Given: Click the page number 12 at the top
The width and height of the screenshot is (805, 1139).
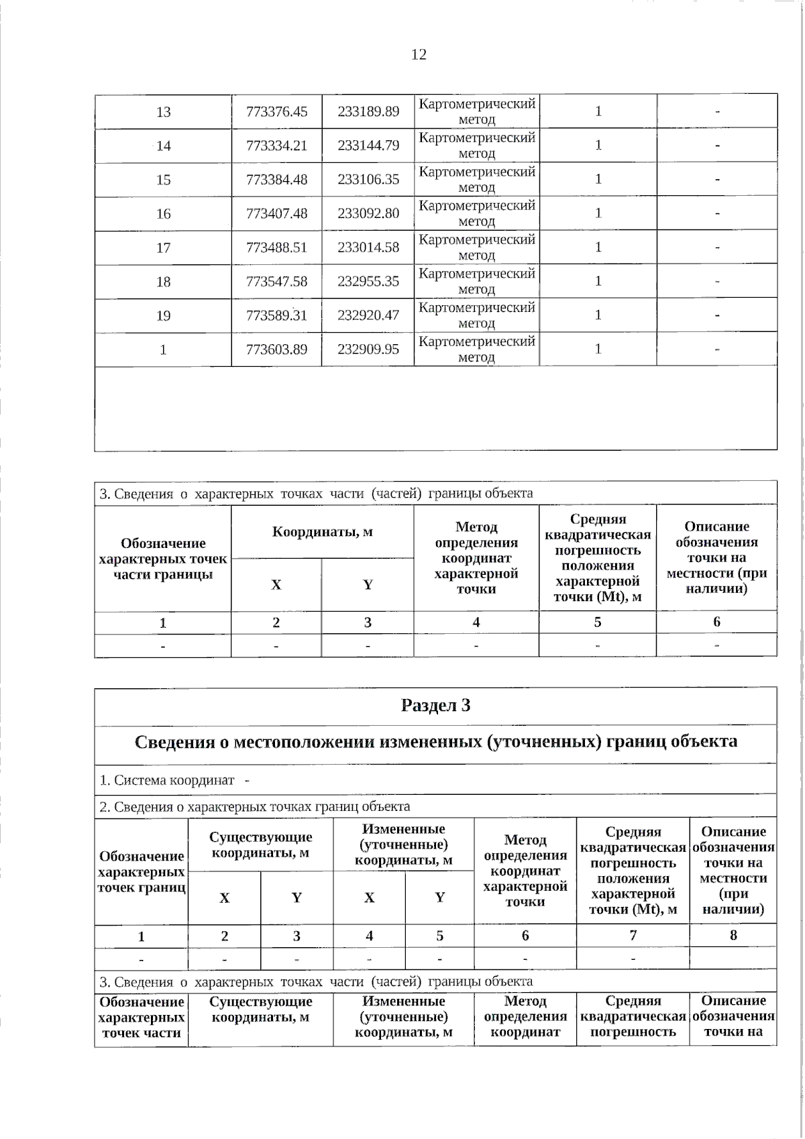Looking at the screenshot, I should [x=419, y=54].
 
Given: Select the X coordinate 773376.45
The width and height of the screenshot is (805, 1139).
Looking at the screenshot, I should [x=276, y=111].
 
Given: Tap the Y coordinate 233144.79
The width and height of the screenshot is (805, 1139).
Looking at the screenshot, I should [x=368, y=145].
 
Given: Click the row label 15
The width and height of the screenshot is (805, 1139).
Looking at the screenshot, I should [x=163, y=180].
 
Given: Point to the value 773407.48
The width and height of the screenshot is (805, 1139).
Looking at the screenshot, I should [x=276, y=213].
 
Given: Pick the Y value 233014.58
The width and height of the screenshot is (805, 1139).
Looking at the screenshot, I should [x=368, y=248].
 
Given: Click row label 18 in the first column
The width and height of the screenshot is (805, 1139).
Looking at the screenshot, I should [x=163, y=282].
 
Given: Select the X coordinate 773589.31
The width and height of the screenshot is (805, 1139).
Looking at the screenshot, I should [x=276, y=315].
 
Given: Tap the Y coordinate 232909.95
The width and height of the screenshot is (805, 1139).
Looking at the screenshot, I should [x=368, y=349].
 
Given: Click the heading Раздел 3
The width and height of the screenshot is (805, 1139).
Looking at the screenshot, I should [x=435, y=706].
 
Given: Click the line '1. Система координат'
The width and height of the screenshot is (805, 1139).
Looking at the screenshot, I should [x=168, y=780].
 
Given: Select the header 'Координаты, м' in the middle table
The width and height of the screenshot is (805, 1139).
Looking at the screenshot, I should [x=322, y=532].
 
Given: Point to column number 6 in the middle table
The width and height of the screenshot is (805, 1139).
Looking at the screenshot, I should [x=716, y=622].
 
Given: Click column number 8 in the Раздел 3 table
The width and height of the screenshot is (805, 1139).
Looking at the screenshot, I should [x=733, y=935].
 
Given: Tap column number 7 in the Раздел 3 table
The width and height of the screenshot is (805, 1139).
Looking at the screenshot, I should [x=633, y=935].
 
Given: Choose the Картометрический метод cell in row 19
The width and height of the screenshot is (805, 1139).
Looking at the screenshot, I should [x=476, y=315].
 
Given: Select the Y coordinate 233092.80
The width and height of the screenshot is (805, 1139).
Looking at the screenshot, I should [x=368, y=213].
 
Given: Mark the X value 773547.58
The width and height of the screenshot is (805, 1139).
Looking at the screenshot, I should [x=276, y=282].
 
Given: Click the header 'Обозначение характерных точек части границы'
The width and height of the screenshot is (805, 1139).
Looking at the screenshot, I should [x=163, y=558].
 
